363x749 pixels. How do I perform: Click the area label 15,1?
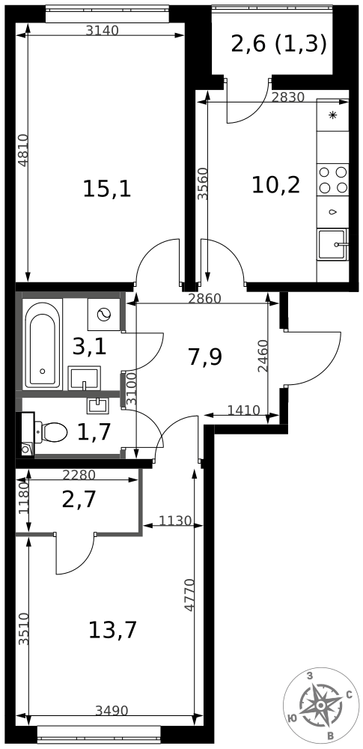click(107, 189)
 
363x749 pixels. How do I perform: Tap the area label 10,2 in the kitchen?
click(275, 184)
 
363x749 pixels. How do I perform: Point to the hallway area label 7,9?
click(204, 357)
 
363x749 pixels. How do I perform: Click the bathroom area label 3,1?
click(89, 346)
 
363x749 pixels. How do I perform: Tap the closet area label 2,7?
click(79, 499)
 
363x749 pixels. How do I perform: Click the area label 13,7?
click(112, 630)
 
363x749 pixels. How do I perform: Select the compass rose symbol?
click(321, 706)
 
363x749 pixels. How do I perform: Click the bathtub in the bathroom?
click(42, 345)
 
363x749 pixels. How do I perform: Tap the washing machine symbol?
click(104, 314)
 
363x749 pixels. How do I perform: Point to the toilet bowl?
click(52, 432)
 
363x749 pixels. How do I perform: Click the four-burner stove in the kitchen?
click(333, 180)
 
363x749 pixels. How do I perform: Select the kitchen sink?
click(333, 244)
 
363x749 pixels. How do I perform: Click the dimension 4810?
click(22, 150)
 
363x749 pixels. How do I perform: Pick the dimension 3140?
click(103, 31)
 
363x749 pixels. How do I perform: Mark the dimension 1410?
click(243, 410)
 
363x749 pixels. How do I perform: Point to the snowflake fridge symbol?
click(333, 115)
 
